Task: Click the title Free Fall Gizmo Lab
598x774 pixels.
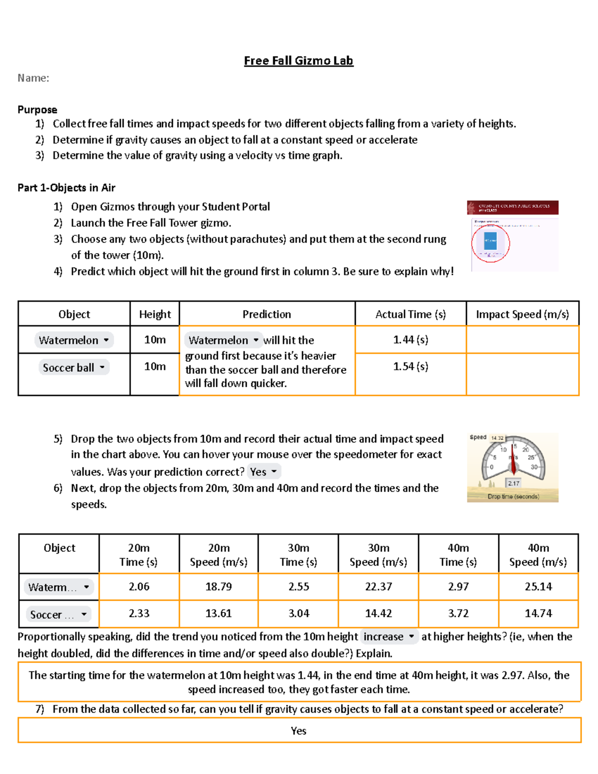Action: pyautogui.click(x=299, y=61)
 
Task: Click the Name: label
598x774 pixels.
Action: pyautogui.click(x=33, y=78)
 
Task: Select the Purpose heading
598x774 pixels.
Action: pyautogui.click(x=37, y=110)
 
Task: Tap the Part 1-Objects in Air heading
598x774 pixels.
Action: pyautogui.click(x=66, y=188)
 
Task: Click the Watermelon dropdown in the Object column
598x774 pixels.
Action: pyautogui.click(x=74, y=340)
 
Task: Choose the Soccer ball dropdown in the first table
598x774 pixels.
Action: pyautogui.click(x=74, y=368)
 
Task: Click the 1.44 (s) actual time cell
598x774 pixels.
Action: pyautogui.click(x=410, y=340)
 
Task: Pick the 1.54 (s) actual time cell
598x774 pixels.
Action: pyautogui.click(x=410, y=367)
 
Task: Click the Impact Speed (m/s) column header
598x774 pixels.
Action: pyautogui.click(x=522, y=314)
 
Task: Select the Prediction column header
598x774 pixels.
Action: pyautogui.click(x=267, y=314)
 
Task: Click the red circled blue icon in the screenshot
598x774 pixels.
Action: pyautogui.click(x=490, y=243)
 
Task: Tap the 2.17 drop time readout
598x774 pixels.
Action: pyautogui.click(x=514, y=483)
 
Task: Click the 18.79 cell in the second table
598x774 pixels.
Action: pyautogui.click(x=218, y=587)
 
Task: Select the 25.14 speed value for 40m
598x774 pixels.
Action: pyautogui.click(x=538, y=587)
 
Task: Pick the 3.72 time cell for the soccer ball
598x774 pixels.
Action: pyautogui.click(x=458, y=614)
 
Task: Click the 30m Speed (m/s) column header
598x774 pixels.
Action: pyautogui.click(x=378, y=555)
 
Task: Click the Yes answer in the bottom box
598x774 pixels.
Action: pyautogui.click(x=299, y=731)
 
